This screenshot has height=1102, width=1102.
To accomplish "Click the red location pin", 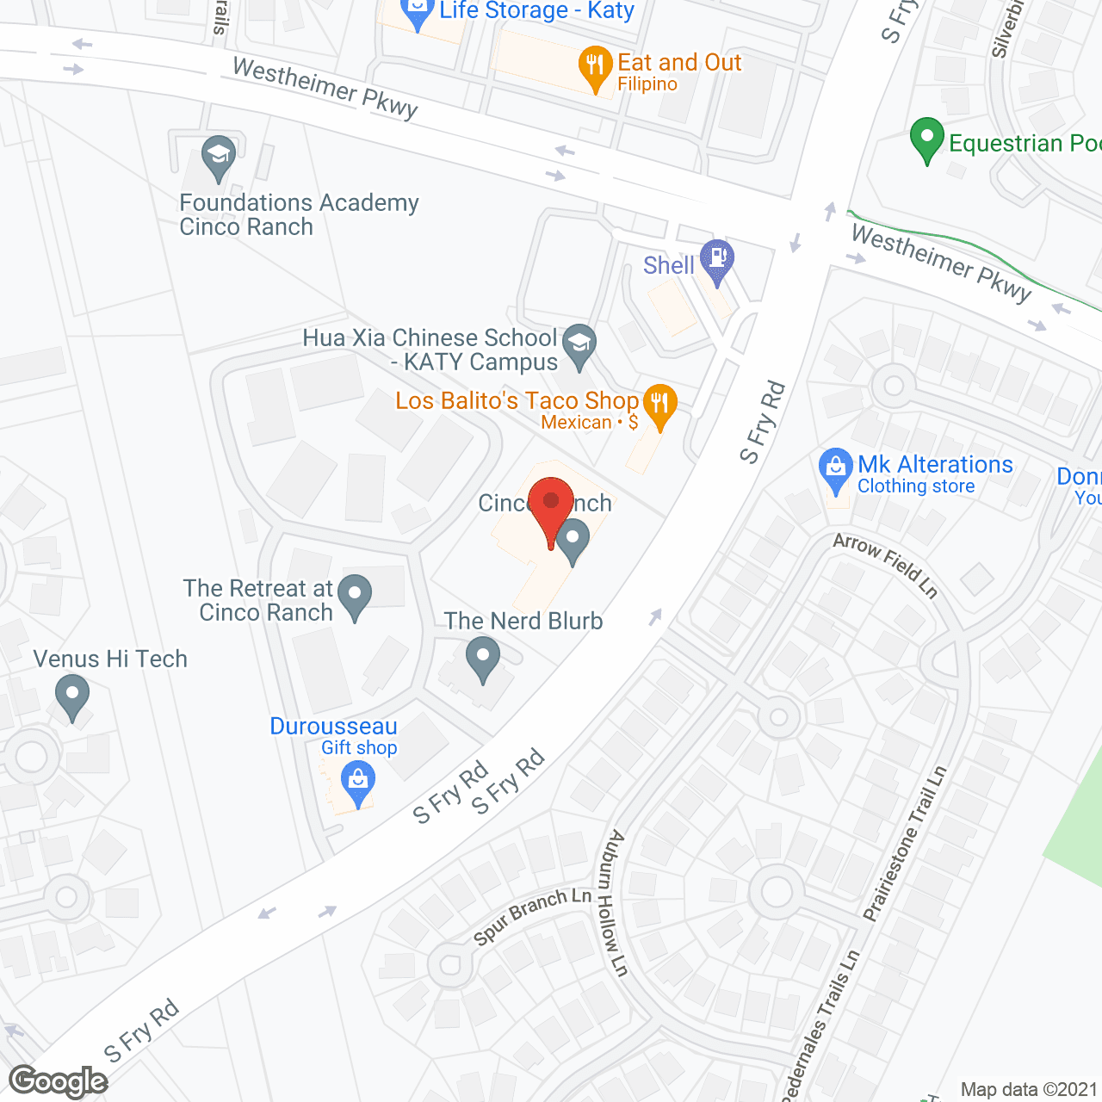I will [551, 505].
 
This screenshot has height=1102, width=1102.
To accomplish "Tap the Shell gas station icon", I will [716, 259].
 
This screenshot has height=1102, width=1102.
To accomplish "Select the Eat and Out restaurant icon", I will [595, 65].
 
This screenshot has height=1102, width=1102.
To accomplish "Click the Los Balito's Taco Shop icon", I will [659, 405].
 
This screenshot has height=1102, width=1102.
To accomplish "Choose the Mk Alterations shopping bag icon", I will [835, 469].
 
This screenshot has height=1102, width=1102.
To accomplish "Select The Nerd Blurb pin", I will [483, 659].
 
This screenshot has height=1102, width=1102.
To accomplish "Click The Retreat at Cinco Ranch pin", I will [354, 595].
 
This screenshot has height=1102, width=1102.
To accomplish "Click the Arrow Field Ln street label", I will [885, 564].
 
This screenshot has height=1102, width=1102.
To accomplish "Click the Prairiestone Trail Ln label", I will [905, 844].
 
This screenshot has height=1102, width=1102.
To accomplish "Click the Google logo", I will [59, 1081].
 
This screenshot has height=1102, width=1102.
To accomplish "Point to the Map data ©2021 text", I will [1028, 1089].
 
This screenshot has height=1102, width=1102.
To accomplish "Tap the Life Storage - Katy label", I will [536, 11].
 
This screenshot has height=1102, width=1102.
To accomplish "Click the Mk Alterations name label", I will [935, 465].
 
